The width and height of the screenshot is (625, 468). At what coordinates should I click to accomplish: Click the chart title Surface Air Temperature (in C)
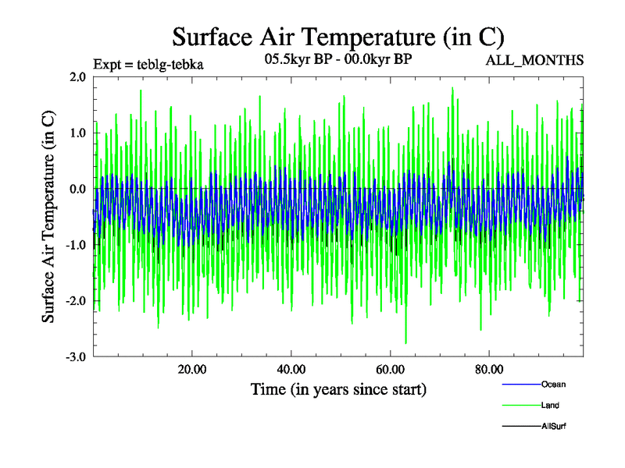pos(338,37)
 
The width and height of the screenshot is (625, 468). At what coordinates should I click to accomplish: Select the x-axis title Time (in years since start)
pos(338,388)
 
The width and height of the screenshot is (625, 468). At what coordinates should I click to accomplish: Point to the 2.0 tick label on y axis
pos(77,77)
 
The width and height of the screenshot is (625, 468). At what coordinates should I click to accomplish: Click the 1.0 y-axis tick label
pos(77,133)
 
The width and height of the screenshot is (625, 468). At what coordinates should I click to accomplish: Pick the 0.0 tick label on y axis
pos(77,190)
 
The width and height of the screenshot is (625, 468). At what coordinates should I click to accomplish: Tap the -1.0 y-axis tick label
pos(75,246)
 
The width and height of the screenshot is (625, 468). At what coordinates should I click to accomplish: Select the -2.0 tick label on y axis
pos(75,301)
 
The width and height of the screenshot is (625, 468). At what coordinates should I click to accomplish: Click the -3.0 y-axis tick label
pos(75,357)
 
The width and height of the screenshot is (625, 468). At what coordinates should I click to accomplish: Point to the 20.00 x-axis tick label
pos(191,369)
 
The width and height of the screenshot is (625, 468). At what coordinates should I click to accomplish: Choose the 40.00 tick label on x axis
pos(291,369)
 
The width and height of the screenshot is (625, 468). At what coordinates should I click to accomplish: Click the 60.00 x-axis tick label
pos(389,369)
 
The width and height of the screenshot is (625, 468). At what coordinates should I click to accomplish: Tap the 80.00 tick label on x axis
pos(488,369)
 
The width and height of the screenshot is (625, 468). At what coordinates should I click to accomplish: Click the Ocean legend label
pos(553,385)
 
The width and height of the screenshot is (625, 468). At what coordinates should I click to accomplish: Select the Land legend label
pos(550,406)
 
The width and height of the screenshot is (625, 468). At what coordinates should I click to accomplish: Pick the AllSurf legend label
pos(554,427)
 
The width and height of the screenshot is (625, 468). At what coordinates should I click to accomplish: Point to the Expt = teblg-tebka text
pos(148,65)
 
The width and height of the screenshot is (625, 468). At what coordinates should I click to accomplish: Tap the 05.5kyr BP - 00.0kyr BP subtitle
pos(338,58)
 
